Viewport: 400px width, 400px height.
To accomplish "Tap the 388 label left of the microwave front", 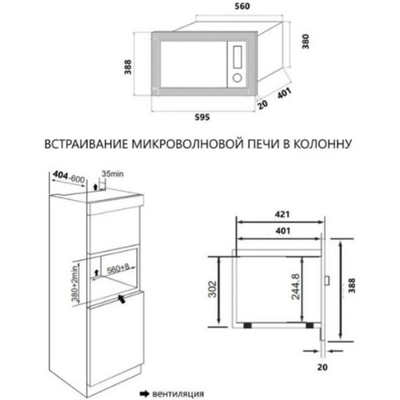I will pos(126,67).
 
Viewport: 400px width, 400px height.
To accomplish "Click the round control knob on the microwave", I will pos(235,77).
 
